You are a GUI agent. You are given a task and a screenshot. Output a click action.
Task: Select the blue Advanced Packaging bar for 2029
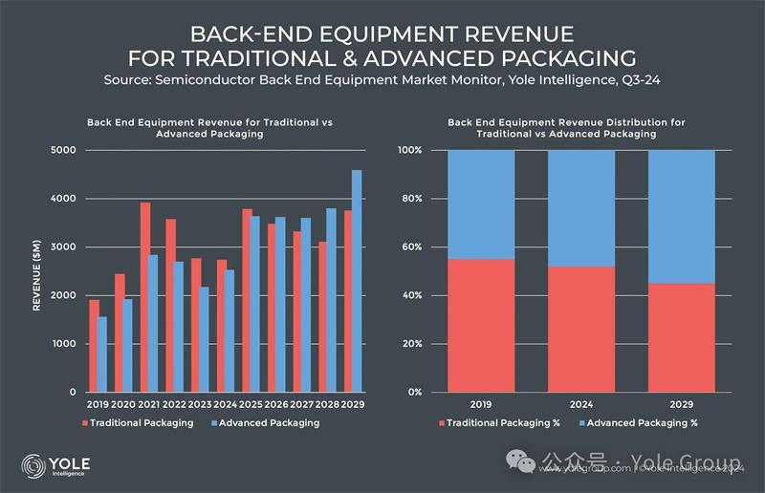click(357, 281)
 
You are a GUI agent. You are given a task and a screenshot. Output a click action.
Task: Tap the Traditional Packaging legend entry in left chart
click(141, 423)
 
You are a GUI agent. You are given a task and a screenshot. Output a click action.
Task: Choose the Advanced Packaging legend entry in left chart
click(265, 423)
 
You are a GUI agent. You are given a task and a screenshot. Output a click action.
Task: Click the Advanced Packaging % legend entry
click(642, 423)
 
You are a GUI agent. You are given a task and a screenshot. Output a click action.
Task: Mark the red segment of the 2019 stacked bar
click(481, 325)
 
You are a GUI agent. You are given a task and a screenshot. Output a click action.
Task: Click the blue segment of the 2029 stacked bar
click(682, 216)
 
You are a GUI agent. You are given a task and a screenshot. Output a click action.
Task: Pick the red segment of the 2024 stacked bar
click(581, 329)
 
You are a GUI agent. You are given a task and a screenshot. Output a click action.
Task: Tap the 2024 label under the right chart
click(581, 405)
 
